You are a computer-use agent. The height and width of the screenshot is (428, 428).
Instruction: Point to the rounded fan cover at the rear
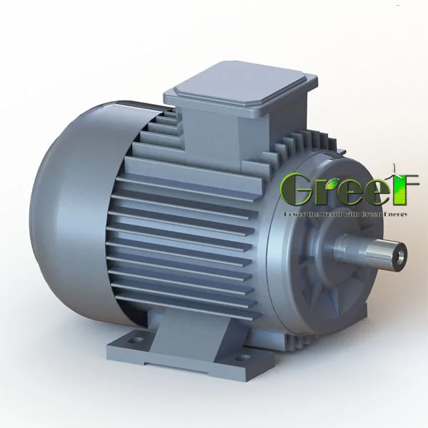78,207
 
